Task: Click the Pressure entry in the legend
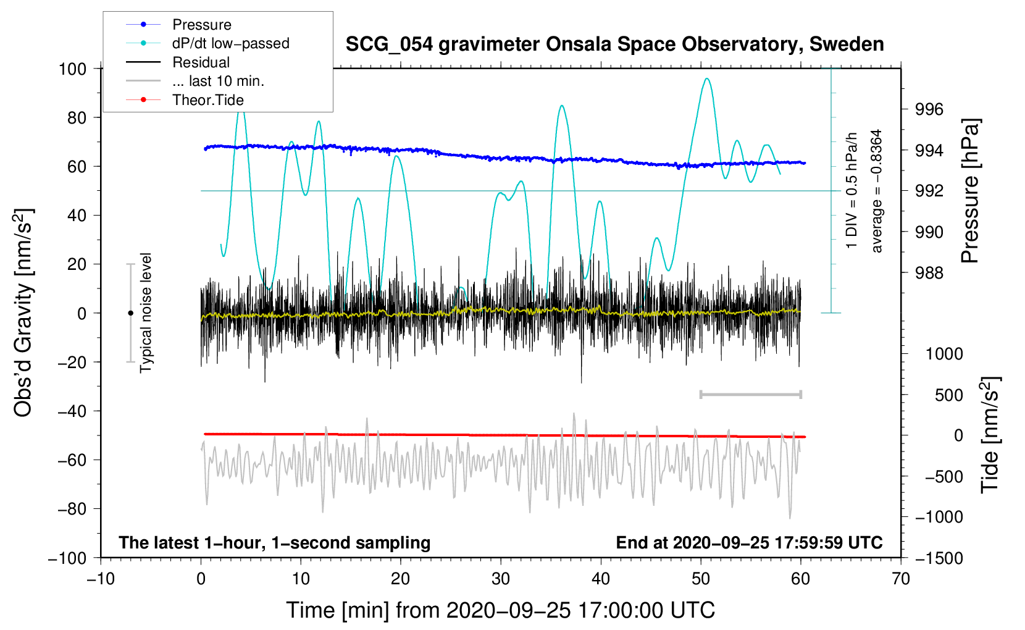pos(201,25)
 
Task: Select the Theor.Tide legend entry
pos(207,100)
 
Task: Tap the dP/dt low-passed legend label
pos(230,43)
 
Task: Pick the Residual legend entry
pos(201,62)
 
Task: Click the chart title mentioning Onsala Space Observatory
pos(614,44)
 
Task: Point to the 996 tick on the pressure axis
pos(929,109)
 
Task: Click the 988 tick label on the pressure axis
pos(929,272)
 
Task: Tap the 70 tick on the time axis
pos(901,579)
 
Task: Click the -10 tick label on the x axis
pos(101,579)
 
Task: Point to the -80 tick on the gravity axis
pos(72,509)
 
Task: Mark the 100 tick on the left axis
pos(73,69)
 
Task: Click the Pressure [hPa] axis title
pos(970,191)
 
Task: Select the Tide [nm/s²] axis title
pos(990,435)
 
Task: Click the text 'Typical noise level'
pos(146,313)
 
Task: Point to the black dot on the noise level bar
pos(130,313)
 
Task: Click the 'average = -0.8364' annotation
pos(877,191)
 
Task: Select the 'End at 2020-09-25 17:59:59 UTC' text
pos(749,542)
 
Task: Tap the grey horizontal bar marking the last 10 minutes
pos(750,394)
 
